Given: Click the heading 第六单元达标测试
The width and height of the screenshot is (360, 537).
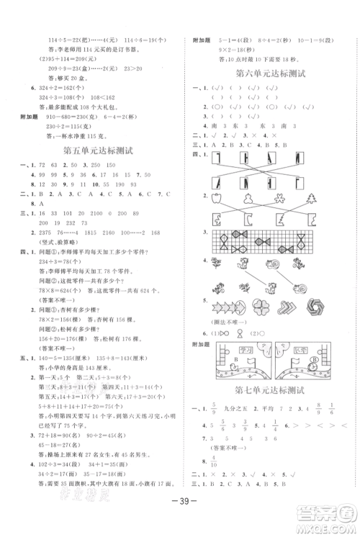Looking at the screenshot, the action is click(x=272, y=74).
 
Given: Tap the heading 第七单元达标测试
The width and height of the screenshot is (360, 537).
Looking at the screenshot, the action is click(x=272, y=390).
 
